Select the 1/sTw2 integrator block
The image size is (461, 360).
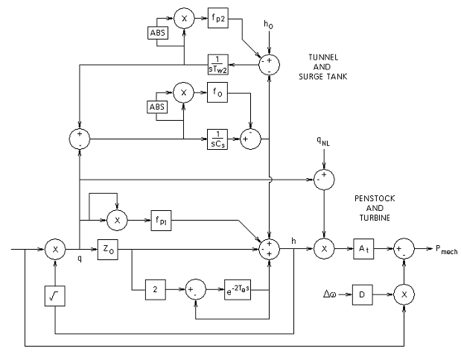218,64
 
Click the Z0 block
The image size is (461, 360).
107,247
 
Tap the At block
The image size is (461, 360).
364,247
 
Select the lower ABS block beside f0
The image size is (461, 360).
157,108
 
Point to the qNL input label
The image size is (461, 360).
323,141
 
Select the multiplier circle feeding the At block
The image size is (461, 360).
324,247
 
